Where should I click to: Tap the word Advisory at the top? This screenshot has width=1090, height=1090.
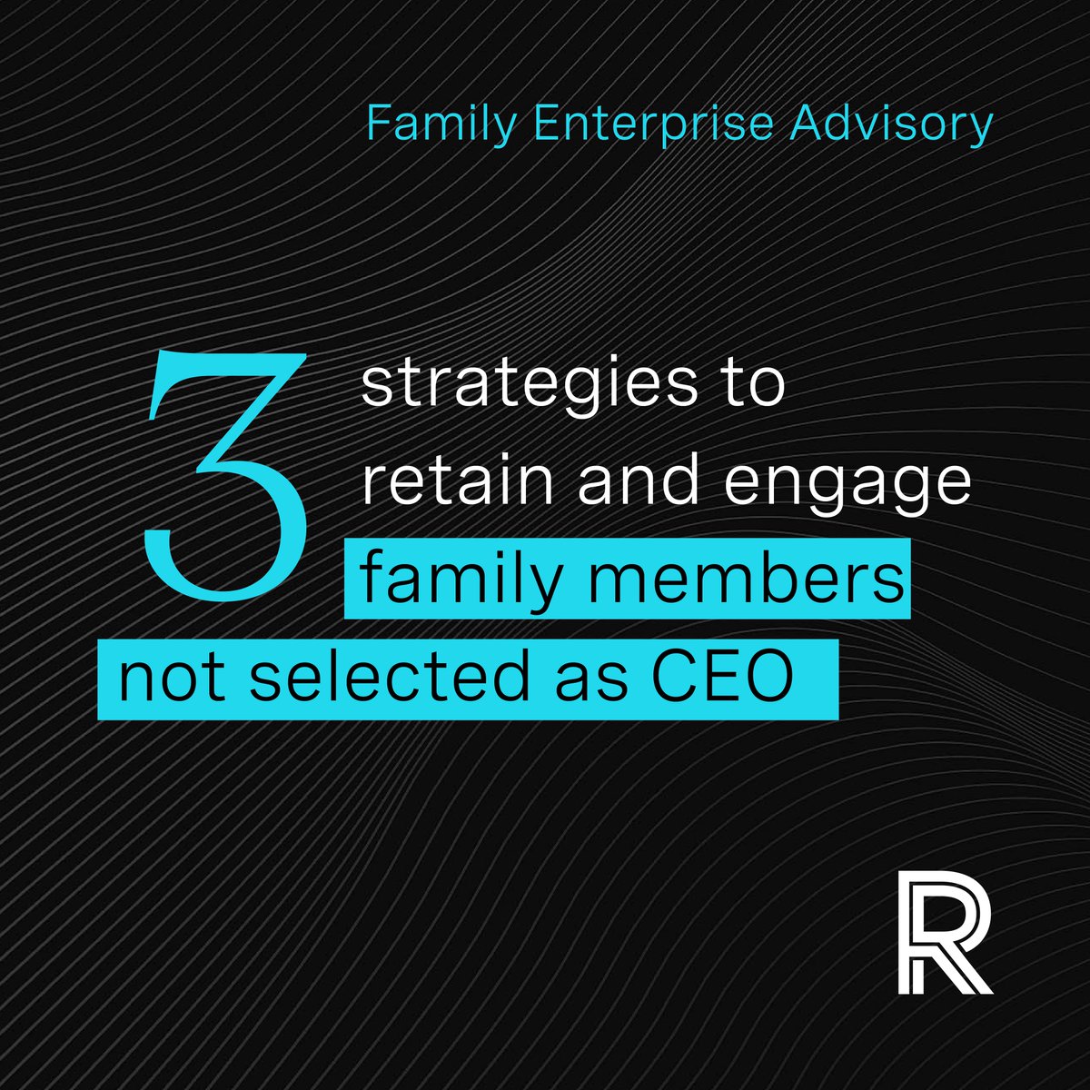(x=890, y=124)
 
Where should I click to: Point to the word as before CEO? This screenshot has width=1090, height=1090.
(x=578, y=681)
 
